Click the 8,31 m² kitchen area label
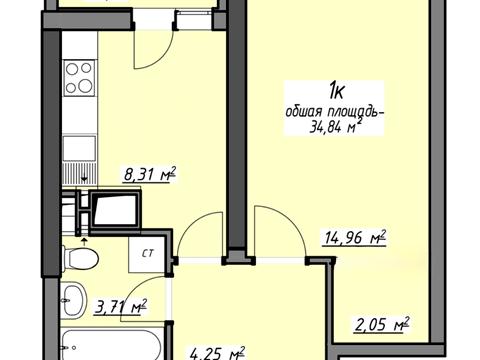tap(150, 174)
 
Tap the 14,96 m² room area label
tap(354, 238)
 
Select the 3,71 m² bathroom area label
tap(121, 307)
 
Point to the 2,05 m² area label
tap(381, 324)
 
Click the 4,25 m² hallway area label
tap(217, 353)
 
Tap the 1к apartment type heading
tap(336, 92)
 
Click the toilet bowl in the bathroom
tap(80, 257)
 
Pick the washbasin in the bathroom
tap(74, 300)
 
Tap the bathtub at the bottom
tap(112, 345)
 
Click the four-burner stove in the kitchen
tap(80, 78)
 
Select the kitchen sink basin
tap(80, 149)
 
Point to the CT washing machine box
tap(148, 254)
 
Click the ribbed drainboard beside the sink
tap(80, 173)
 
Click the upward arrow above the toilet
tap(84, 241)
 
